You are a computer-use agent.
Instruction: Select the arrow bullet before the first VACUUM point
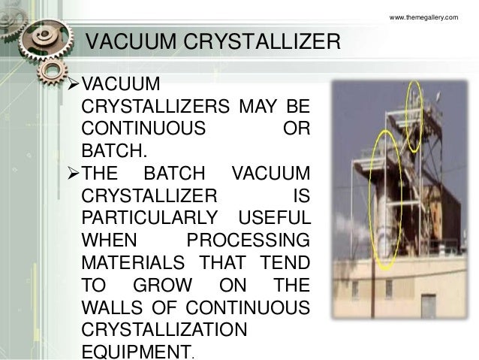[x=72, y=80]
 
